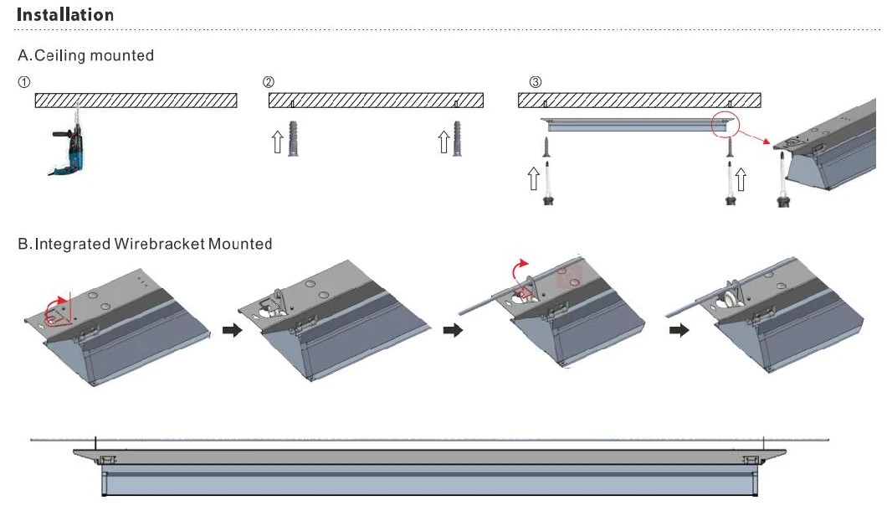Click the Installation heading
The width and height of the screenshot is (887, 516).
pyautogui.click(x=65, y=15)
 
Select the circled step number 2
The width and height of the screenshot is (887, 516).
pyautogui.click(x=268, y=82)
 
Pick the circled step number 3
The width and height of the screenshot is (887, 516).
pyautogui.click(x=536, y=82)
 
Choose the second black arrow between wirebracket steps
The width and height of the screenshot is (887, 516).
pyautogui.click(x=452, y=331)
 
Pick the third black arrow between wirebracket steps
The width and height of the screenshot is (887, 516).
pyautogui.click(x=679, y=331)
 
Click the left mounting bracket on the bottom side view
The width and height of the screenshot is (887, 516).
pyautogui.click(x=107, y=460)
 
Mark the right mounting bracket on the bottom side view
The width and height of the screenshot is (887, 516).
pyautogui.click(x=751, y=460)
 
